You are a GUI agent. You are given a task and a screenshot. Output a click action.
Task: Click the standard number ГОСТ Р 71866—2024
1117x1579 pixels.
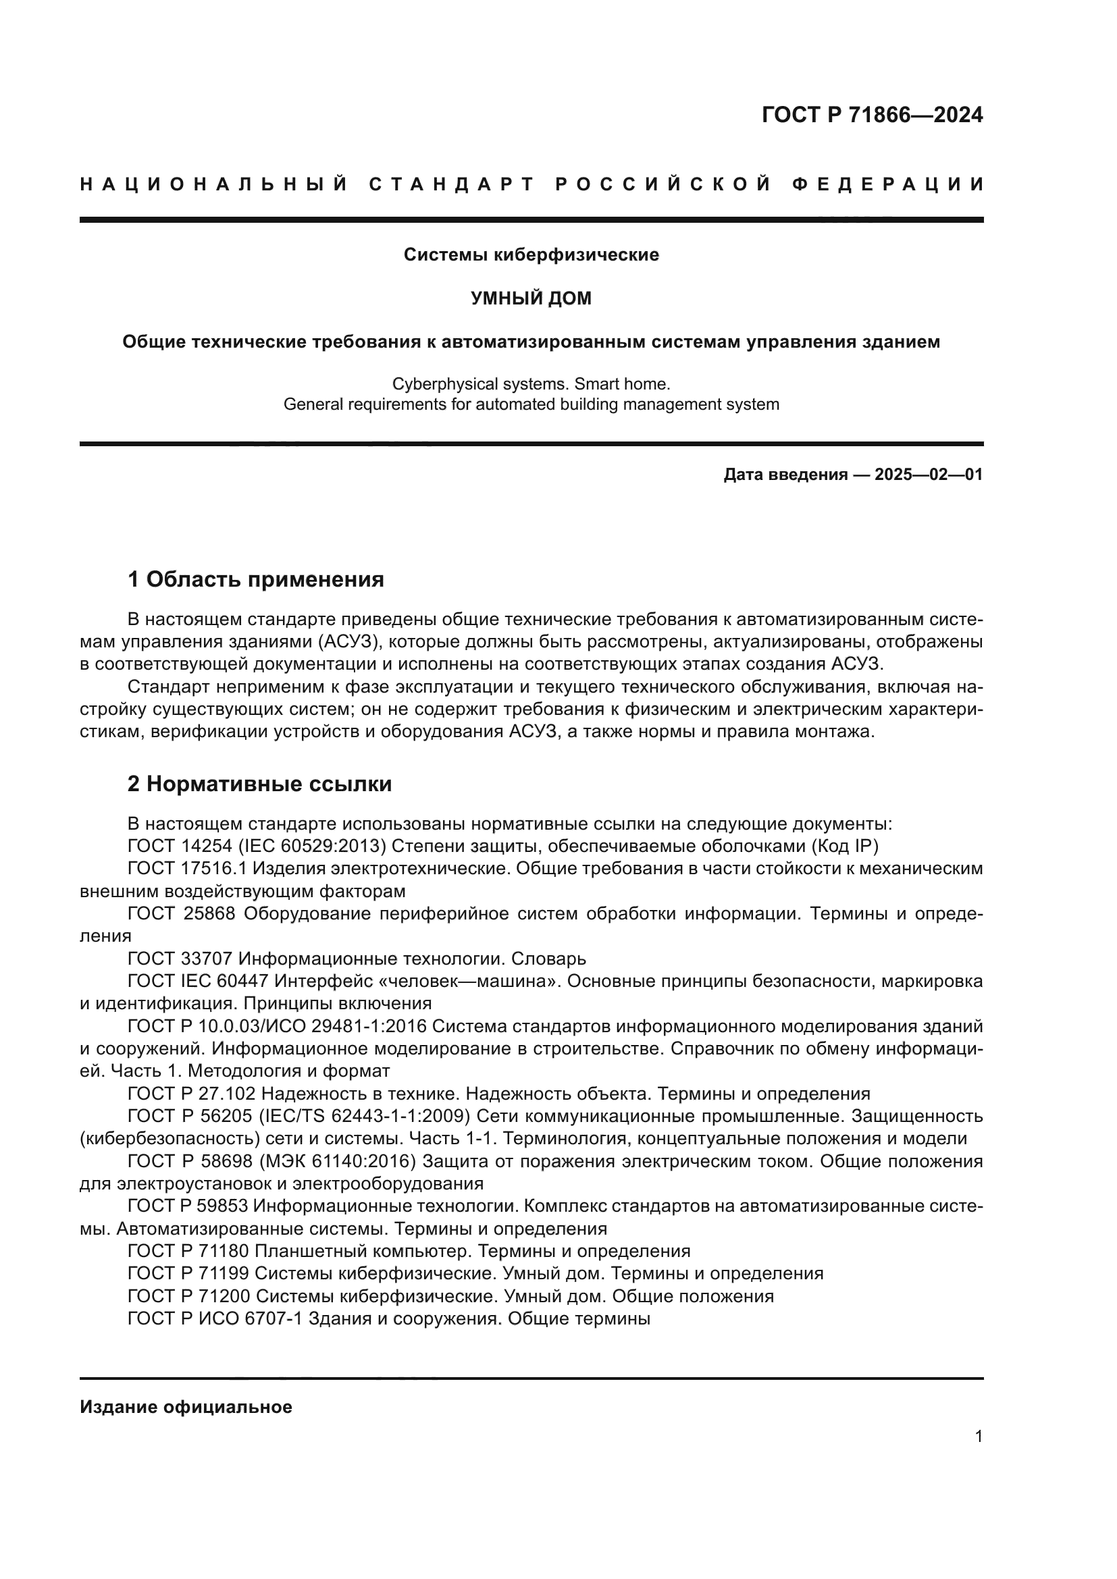[871, 115]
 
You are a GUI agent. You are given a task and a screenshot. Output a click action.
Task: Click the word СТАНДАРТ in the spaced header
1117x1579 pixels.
[451, 184]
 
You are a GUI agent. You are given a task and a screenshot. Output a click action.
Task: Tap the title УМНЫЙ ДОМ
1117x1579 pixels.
[531, 298]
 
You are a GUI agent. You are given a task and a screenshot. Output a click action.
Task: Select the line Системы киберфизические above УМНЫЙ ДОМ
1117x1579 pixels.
[531, 255]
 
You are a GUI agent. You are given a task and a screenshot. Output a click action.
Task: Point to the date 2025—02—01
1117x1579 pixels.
[929, 475]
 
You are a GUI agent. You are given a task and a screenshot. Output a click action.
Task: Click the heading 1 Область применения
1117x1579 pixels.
[255, 579]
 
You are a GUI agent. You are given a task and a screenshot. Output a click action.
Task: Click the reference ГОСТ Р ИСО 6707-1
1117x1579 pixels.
[215, 1318]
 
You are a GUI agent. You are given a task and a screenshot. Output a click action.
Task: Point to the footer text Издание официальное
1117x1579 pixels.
[186, 1407]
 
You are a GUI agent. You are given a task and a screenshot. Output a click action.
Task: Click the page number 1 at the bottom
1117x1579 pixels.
[978, 1437]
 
